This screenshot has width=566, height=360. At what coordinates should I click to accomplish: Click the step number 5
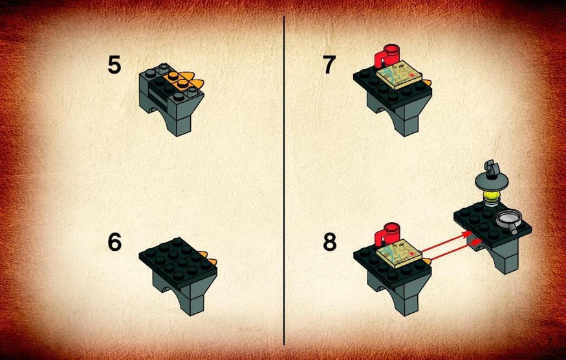point(114,65)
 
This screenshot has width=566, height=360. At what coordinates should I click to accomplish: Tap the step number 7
point(329,65)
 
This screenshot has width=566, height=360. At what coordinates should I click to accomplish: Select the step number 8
point(329,242)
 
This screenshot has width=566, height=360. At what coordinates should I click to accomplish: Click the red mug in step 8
point(387,235)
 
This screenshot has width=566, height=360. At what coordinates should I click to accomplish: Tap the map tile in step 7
point(400,74)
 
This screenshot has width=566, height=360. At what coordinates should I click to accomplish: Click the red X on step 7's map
point(413,73)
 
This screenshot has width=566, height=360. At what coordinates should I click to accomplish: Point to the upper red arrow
point(447,242)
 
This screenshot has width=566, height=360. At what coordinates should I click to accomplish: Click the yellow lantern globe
point(491,196)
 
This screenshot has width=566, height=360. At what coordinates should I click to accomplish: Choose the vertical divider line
point(284,180)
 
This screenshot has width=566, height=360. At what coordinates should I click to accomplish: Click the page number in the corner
point(550,342)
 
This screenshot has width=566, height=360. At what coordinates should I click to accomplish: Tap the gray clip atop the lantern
point(492,168)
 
